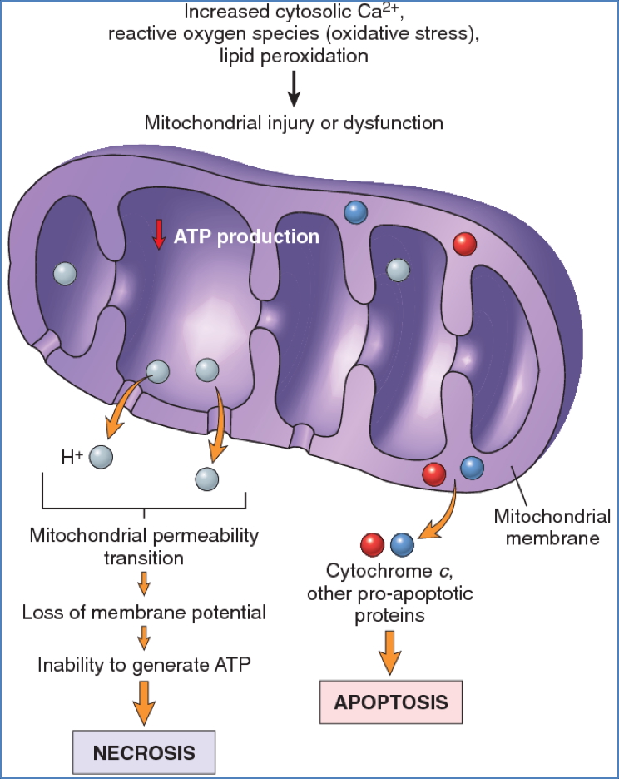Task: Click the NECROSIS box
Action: pos(144,752)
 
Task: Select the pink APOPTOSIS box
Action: pos(390,701)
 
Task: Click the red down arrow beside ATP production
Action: pos(158,236)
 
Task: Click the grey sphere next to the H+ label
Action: pos(101,455)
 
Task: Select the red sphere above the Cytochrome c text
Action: pos(371,544)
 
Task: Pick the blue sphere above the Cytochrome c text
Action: pos(402,544)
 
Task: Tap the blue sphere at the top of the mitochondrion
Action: pos(355,211)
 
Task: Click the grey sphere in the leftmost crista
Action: pos(64,273)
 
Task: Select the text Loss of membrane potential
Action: pos(144,613)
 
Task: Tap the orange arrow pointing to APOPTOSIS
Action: pos(390,651)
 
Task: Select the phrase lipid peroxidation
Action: pos(293,56)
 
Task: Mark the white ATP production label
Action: pos(246,236)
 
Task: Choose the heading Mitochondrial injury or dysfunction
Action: pos(293,123)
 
